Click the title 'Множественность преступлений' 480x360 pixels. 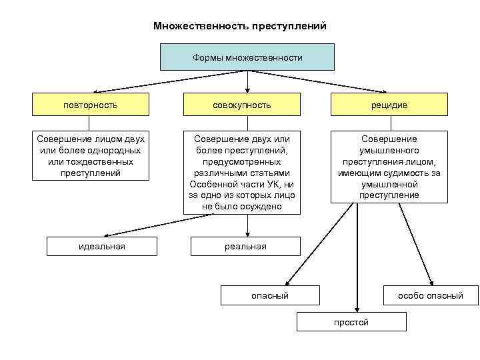240,27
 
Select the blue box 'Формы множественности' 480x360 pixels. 247,57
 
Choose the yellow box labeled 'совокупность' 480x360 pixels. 242,105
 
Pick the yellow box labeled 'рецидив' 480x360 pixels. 389,105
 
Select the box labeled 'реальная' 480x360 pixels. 245,246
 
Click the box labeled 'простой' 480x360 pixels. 351,322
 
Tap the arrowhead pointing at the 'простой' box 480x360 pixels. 357,309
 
